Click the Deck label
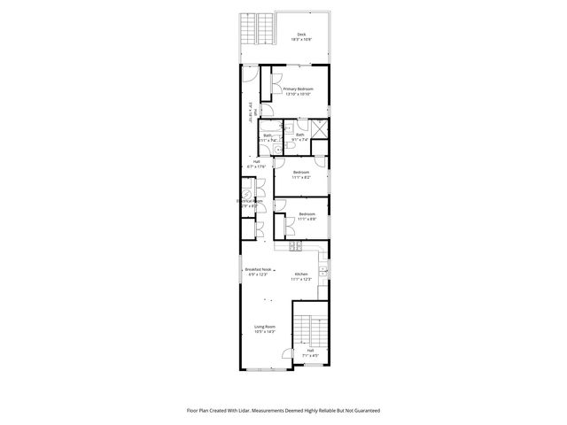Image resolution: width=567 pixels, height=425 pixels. pos(300,35)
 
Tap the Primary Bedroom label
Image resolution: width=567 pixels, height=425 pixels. pos(299,89)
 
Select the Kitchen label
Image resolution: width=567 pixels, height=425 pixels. pos(301,274)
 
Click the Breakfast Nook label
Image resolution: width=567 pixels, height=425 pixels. pos(257,269)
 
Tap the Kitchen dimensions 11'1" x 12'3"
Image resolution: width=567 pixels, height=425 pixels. pos(301,280)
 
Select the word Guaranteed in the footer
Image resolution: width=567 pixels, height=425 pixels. pos(362,411)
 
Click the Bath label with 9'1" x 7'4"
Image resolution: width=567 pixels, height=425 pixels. pos(299,135)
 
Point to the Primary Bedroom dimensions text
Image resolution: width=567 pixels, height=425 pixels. pos(299,94)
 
